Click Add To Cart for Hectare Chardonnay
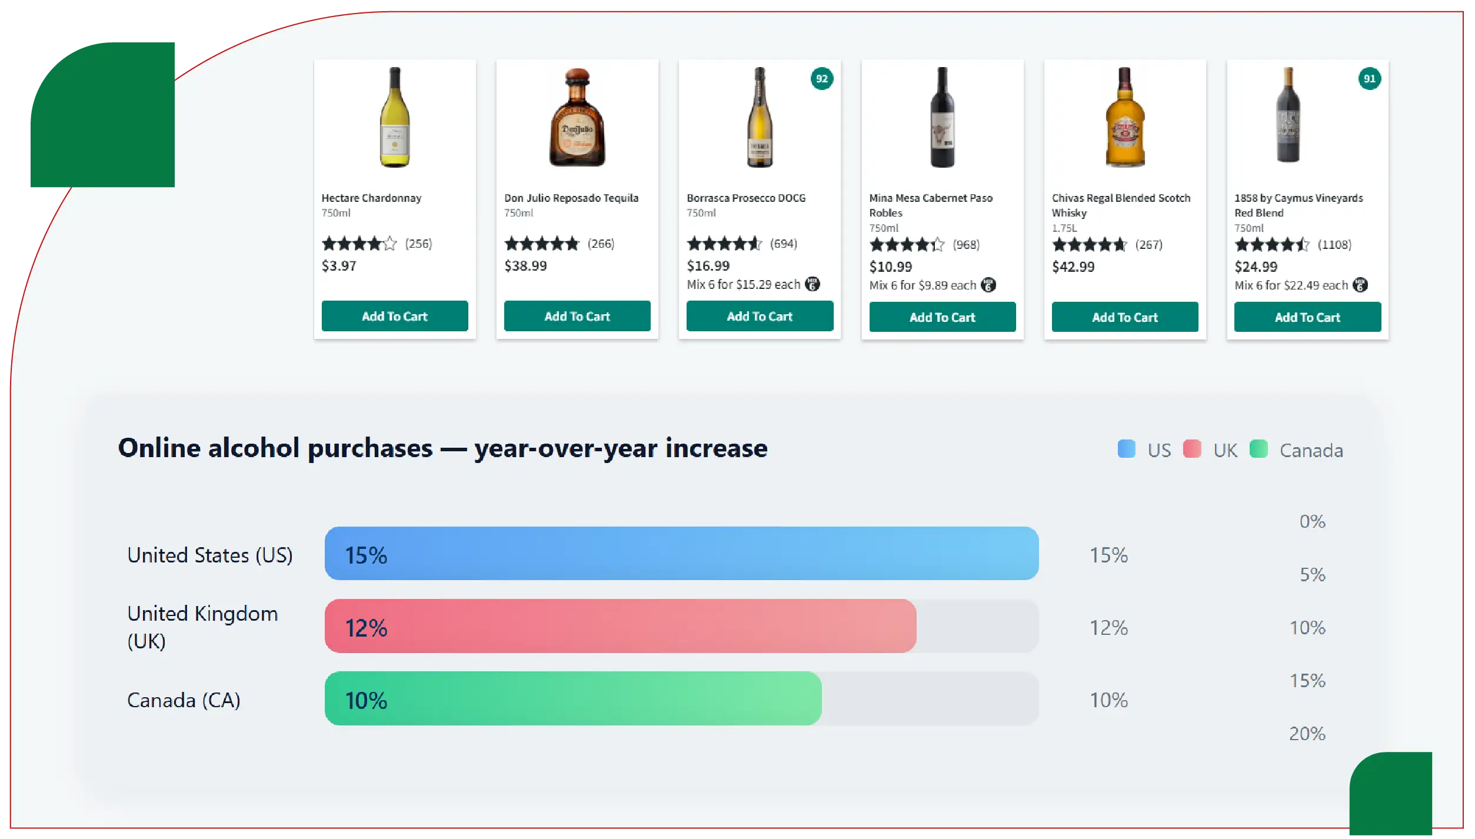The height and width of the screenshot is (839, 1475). (394, 316)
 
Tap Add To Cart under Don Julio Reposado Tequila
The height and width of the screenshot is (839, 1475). (577, 316)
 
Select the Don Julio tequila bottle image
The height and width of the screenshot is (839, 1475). (577, 118)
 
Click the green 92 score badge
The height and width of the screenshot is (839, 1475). (821, 78)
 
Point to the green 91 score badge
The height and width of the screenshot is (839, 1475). (1369, 78)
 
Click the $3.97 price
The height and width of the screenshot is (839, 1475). (339, 266)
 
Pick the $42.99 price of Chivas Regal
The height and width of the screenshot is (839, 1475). (1073, 267)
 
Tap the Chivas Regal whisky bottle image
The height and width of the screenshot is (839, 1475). (1124, 118)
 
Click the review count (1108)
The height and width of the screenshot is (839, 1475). (1334, 245)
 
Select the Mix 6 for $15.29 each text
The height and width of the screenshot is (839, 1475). (743, 285)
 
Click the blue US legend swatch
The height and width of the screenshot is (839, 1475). (1126, 449)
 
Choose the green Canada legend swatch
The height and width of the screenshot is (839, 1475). (1258, 449)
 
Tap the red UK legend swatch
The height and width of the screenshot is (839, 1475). (1191, 449)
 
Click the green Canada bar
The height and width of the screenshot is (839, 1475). (572, 698)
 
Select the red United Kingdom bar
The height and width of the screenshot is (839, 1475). (620, 626)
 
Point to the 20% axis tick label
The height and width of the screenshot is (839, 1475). (1307, 734)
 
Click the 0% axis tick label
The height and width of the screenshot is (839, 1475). (1312, 521)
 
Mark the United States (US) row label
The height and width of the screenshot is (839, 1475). (210, 555)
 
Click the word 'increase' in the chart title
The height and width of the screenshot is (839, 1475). (716, 448)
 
